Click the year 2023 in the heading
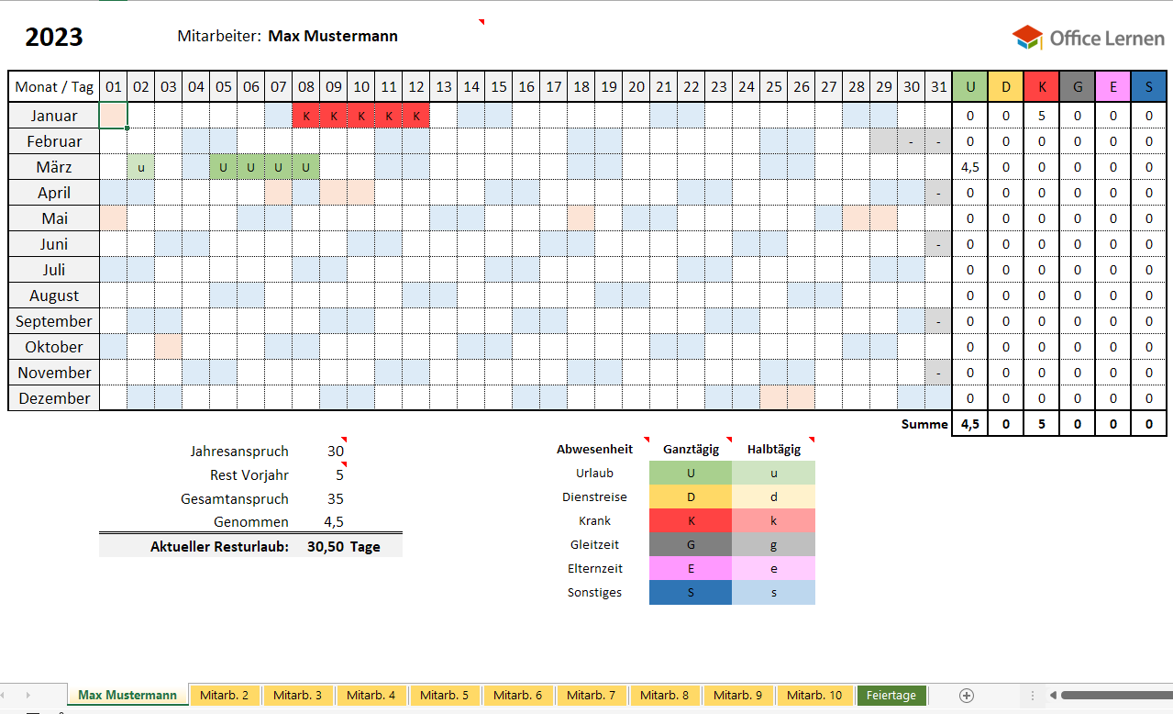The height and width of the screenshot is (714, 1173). tap(54, 37)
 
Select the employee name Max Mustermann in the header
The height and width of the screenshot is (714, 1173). tap(333, 37)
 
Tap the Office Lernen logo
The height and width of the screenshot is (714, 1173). tap(1088, 38)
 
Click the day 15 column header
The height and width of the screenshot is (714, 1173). tap(499, 87)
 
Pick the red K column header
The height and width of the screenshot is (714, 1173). tap(1042, 87)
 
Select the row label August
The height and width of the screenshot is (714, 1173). tap(54, 296)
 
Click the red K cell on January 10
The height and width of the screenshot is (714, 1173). tap(361, 116)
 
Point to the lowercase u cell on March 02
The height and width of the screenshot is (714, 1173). tap(141, 167)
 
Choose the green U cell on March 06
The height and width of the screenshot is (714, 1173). tap(251, 167)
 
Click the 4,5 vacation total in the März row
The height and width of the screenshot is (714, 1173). tap(970, 167)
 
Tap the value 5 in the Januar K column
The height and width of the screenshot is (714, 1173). tap(1042, 116)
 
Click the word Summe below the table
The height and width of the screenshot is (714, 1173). tap(924, 424)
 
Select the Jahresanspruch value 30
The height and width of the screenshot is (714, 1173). tap(336, 452)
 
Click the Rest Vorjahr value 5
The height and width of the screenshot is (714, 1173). tap(339, 475)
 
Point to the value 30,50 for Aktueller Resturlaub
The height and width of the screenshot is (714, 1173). tap(326, 546)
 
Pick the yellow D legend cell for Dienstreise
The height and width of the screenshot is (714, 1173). tap(690, 496)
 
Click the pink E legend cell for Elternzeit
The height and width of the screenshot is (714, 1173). tap(690, 568)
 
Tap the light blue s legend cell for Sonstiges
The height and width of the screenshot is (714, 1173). tap(773, 592)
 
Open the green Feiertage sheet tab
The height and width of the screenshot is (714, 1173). tap(891, 695)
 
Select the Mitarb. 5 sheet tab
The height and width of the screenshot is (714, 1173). tap(445, 695)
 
